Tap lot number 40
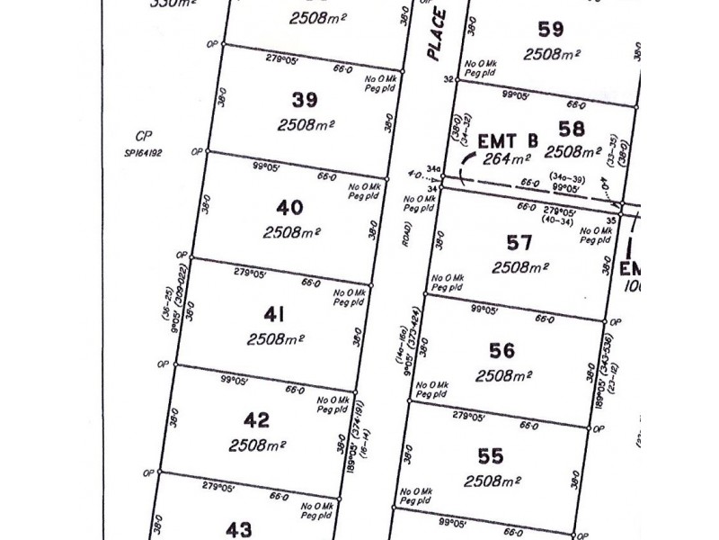289,207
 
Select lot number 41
275,314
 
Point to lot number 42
257,419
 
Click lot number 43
239,529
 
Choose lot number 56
502,350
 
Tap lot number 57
519,242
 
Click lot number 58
571,128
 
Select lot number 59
550,30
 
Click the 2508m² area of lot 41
275,339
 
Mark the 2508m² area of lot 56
503,375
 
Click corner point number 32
448,80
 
